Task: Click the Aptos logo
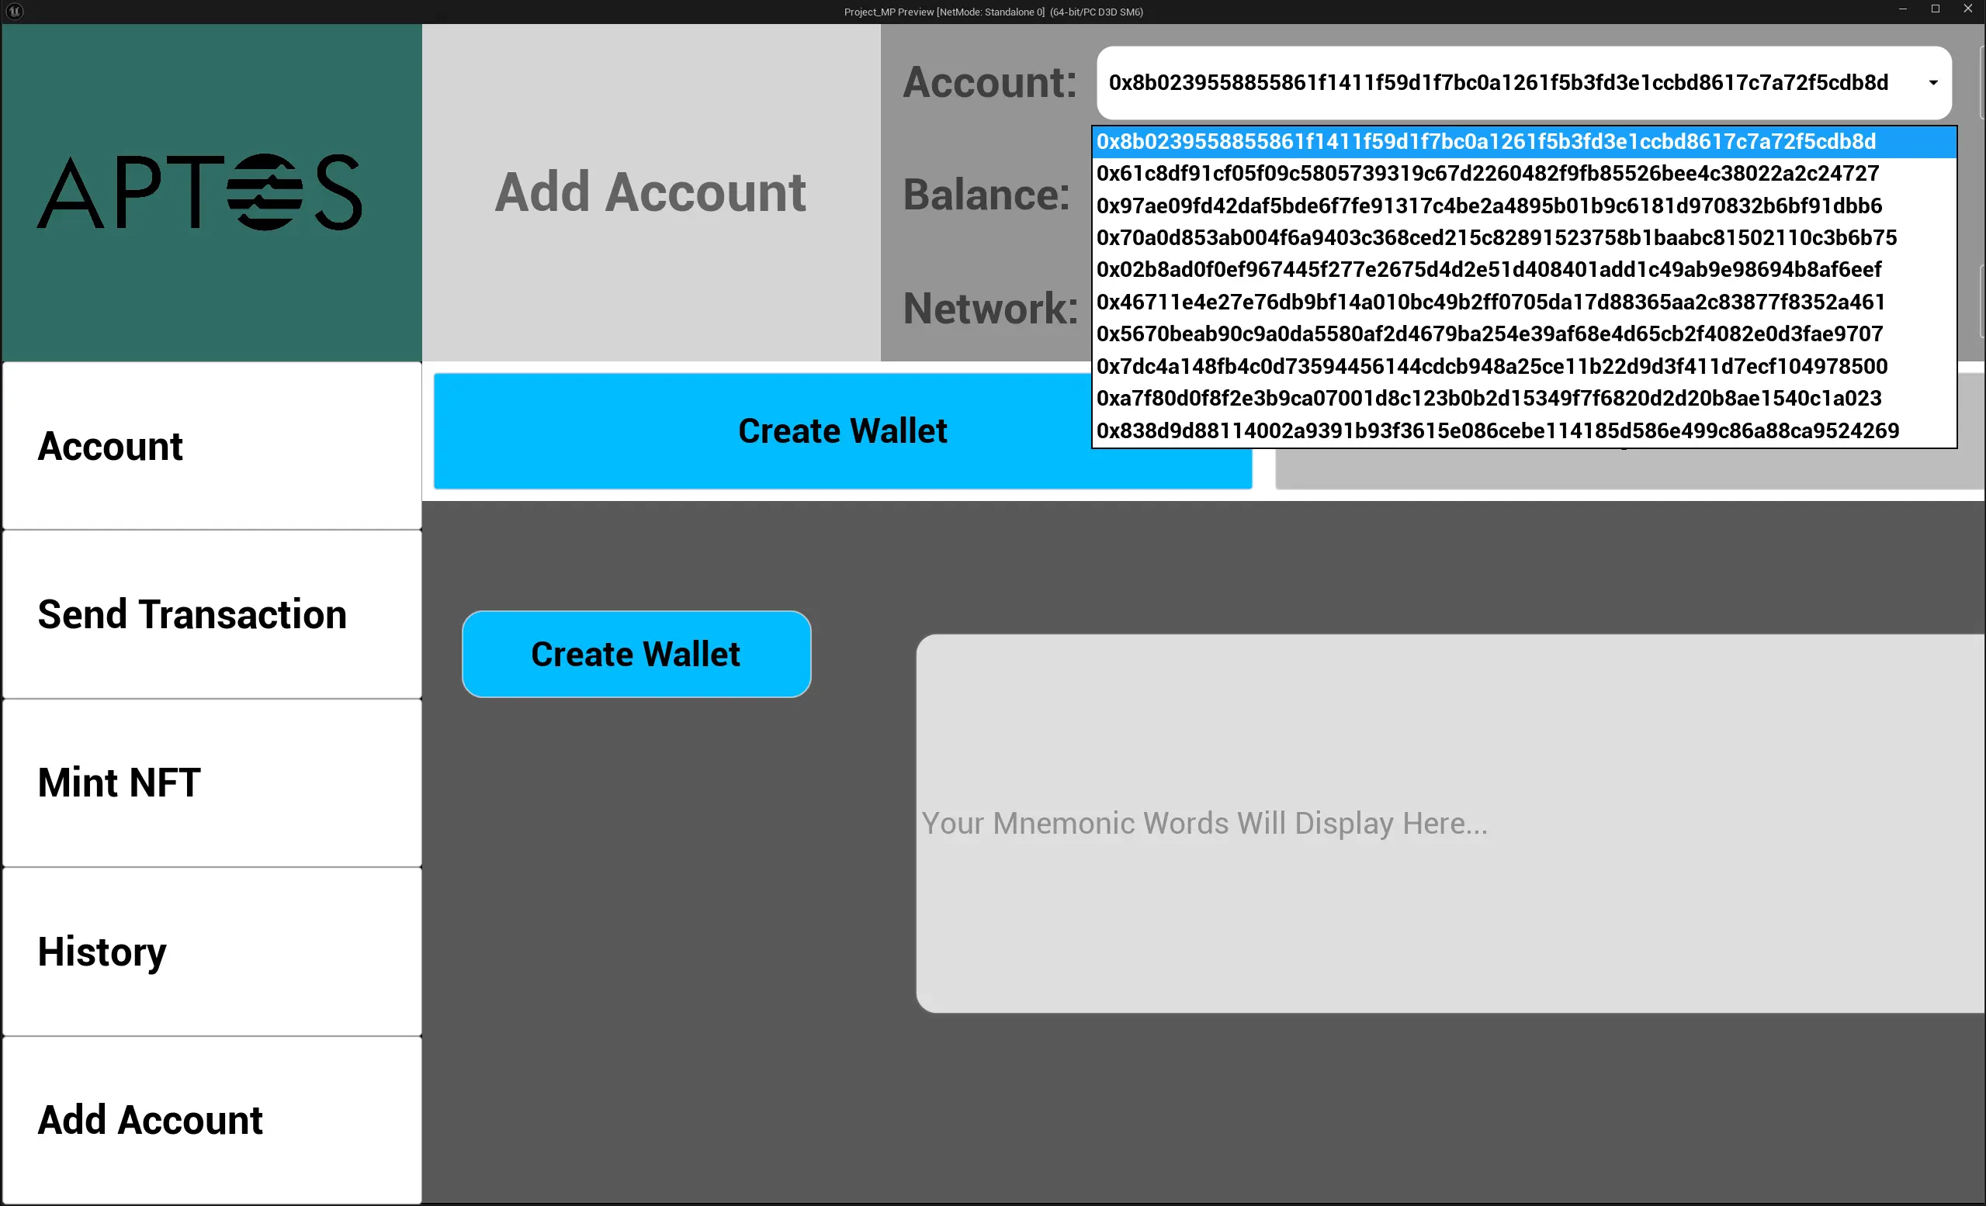tap(200, 192)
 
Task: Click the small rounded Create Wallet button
tap(636, 654)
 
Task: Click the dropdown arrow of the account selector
tap(1932, 83)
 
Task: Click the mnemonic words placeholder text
tap(1204, 824)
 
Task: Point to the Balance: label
tap(986, 195)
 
